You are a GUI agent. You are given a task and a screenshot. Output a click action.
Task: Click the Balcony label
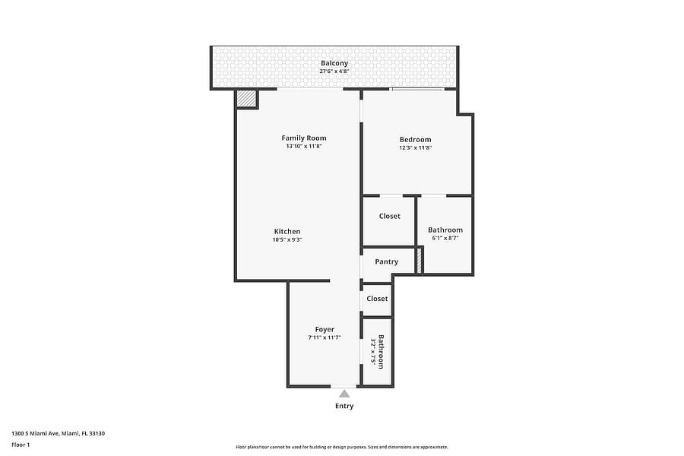[x=334, y=63]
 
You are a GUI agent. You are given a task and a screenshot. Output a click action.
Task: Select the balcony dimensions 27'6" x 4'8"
[x=334, y=71]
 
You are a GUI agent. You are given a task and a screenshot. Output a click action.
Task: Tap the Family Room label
[x=303, y=138]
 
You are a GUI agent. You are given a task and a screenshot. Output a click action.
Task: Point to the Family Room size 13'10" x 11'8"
[x=303, y=147]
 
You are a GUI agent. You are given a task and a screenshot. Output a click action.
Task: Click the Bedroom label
[x=415, y=140]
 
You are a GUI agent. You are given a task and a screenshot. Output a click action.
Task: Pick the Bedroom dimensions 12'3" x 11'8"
[x=415, y=148]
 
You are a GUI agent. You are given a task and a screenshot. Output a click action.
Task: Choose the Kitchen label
[x=287, y=232]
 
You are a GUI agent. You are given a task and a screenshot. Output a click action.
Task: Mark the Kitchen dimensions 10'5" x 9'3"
[x=287, y=239]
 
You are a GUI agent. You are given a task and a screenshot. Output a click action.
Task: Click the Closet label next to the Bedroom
[x=390, y=217]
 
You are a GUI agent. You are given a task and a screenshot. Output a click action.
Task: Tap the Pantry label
[x=387, y=261]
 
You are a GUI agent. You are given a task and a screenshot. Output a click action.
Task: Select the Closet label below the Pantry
[x=377, y=299]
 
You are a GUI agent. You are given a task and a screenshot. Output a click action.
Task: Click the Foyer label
[x=325, y=330]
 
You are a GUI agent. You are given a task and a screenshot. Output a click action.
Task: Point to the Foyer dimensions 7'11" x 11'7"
[x=325, y=337]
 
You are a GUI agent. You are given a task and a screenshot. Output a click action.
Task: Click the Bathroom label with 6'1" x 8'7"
[x=445, y=230]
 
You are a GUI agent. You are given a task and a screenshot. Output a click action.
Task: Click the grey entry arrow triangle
[x=344, y=394]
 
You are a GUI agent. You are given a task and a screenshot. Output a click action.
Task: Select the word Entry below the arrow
[x=344, y=407]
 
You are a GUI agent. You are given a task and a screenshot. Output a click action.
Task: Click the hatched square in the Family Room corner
[x=246, y=99]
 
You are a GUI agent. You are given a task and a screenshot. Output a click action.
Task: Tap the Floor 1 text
[x=21, y=445]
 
